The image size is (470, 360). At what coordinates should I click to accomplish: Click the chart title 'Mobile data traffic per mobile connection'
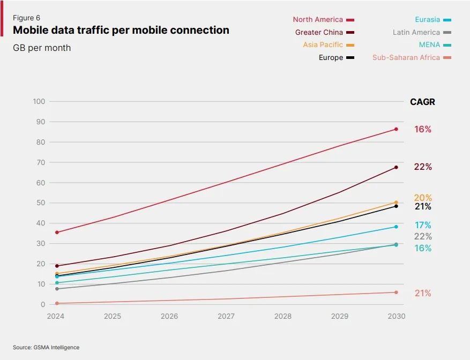[121, 31]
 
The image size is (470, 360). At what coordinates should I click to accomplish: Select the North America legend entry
[323, 20]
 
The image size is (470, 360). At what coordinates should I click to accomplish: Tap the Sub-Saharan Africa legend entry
[412, 57]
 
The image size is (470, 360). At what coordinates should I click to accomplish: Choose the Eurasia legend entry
[432, 20]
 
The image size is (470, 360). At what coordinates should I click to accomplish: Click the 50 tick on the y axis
[41, 203]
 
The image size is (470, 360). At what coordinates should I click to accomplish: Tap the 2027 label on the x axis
[226, 317]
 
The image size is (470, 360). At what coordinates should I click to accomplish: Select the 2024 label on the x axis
[56, 317]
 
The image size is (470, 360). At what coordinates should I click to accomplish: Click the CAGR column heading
[422, 102]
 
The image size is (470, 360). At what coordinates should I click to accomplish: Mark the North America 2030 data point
[396, 129]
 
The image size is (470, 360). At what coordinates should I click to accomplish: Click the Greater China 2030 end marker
[396, 167]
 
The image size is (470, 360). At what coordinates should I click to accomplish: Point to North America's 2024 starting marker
[57, 232]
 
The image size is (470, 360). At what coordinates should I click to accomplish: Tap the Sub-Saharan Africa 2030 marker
[396, 292]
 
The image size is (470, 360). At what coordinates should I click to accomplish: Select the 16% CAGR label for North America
[422, 130]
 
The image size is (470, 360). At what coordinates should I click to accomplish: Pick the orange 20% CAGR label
[422, 198]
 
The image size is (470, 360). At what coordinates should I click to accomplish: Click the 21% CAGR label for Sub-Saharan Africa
[422, 294]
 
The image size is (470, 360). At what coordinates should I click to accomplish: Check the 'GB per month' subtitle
[42, 48]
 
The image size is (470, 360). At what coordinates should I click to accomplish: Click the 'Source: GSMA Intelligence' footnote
[46, 348]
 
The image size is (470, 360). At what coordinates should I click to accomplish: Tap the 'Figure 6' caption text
[26, 18]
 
